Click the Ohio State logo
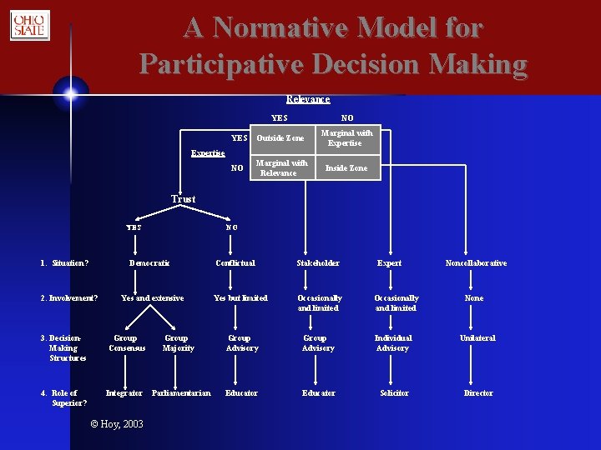pyautogui.click(x=29, y=26)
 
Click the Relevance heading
pyautogui.click(x=308, y=99)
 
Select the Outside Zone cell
pyautogui.click(x=280, y=138)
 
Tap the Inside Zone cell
pyautogui.click(x=346, y=168)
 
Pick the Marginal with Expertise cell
pyautogui.click(x=346, y=138)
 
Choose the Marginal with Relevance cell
pyautogui.click(x=280, y=168)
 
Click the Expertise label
pyautogui.click(x=208, y=153)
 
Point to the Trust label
pyautogui.click(x=183, y=199)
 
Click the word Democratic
pyautogui.click(x=149, y=263)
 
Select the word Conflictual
pyautogui.click(x=235, y=263)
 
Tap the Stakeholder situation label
pyautogui.click(x=318, y=263)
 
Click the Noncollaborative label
pyautogui.click(x=476, y=263)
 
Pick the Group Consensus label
pyautogui.click(x=127, y=343)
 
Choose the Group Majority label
pyautogui.click(x=178, y=343)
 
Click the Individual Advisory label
pyautogui.click(x=392, y=343)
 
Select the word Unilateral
pyautogui.click(x=477, y=338)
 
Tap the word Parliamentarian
pyautogui.click(x=182, y=393)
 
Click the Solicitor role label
pyautogui.click(x=394, y=393)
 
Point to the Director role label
pyautogui.click(x=478, y=393)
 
